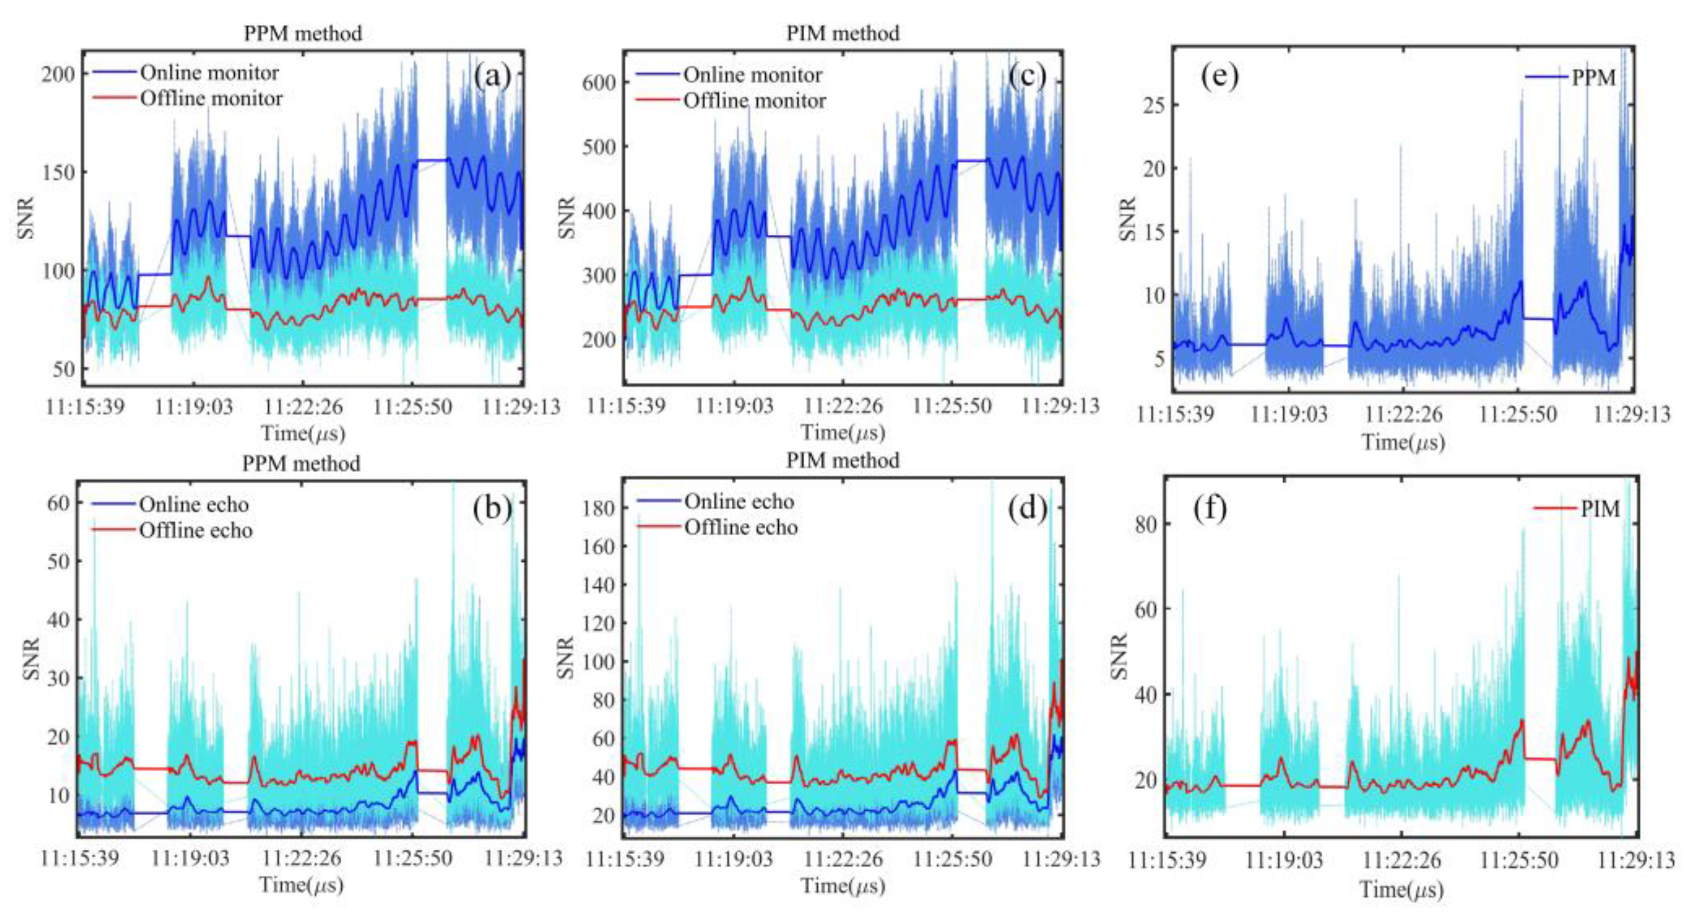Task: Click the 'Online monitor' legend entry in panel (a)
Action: tap(209, 73)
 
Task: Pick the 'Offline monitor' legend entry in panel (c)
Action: tap(754, 101)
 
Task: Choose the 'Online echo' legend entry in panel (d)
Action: tap(739, 502)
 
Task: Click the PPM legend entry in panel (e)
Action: tap(1593, 77)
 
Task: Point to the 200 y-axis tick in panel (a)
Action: tap(58, 74)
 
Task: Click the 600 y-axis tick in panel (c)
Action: tap(600, 83)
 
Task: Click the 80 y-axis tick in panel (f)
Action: tap(1148, 524)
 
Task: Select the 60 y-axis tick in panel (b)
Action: tap(58, 503)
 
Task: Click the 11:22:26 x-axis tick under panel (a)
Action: tap(302, 407)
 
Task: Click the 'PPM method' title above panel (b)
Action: tap(301, 464)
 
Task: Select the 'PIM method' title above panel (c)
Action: tap(843, 33)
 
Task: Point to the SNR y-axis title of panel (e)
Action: tap(1126, 218)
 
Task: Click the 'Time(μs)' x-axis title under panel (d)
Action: tap(843, 886)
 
